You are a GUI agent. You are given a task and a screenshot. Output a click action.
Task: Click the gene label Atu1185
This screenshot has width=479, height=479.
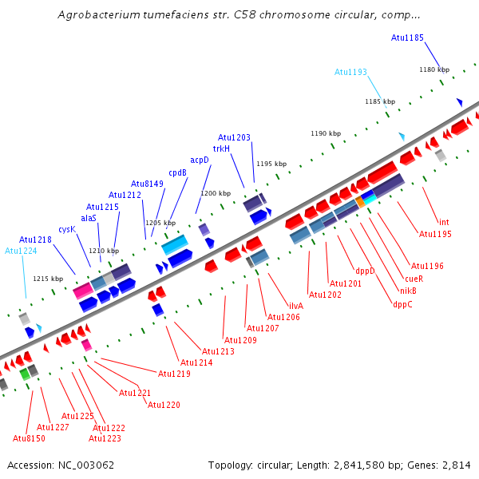click(407, 38)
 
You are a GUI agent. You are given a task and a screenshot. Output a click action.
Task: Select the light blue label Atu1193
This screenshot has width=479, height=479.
click(350, 72)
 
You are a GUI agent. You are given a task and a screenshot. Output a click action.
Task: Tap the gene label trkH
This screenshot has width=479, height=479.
click(221, 148)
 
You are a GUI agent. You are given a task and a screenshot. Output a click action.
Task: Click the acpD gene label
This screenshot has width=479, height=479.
click(200, 160)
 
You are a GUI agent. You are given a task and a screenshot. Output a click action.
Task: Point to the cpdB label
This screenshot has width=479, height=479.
click(177, 172)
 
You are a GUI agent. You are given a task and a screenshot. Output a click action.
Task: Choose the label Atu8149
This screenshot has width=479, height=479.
click(147, 184)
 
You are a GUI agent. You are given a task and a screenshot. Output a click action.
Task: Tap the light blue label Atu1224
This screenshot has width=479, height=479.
click(21, 251)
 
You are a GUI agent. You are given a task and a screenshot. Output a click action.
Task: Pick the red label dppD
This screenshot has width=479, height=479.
click(365, 271)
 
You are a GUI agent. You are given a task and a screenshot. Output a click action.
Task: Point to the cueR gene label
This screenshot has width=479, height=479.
click(414, 279)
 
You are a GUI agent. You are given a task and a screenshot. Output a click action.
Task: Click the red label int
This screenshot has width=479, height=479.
click(444, 222)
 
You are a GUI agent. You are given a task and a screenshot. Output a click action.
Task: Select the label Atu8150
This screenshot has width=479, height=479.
click(29, 438)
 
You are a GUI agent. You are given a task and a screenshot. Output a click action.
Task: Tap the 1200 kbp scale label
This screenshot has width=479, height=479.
click(216, 193)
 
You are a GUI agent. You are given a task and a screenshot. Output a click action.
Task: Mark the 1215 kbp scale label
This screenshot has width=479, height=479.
click(47, 279)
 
